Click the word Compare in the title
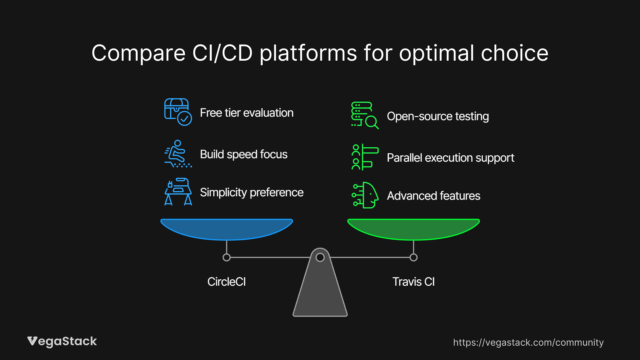pyautogui.click(x=138, y=53)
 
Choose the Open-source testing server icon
pyautogui.click(x=365, y=115)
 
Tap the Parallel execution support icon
pyautogui.click(x=365, y=157)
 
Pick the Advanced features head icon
pyautogui.click(x=365, y=195)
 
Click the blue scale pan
pyautogui.click(x=227, y=228)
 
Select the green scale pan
pyautogui.click(x=413, y=228)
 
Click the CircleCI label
pyautogui.click(x=227, y=282)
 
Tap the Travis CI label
pyautogui.click(x=413, y=282)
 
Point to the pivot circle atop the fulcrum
pyautogui.click(x=320, y=257)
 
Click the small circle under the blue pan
pyautogui.click(x=227, y=257)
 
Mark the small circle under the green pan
pyautogui.click(x=413, y=257)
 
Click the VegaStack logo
pyautogui.click(x=62, y=341)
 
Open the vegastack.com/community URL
pyautogui.click(x=528, y=342)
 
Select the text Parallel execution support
pyautogui.click(x=450, y=158)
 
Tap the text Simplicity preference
pyautogui.click(x=252, y=192)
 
